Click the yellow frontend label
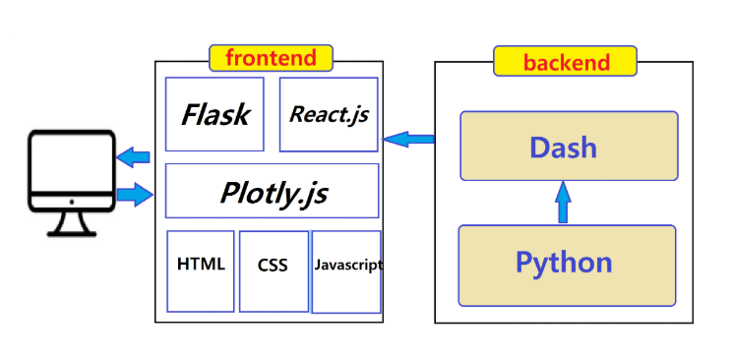pos(271,58)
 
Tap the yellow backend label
pos(565,61)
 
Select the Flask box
pos(214,114)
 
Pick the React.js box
pos(329,114)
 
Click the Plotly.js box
pos(273,191)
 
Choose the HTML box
pos(201,271)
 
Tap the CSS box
pos(274,271)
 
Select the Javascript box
pos(346,271)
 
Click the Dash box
pos(569,146)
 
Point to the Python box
pos(567,266)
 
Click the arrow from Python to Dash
pos(563,203)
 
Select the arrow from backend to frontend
pos(408,139)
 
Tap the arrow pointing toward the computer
pos(133,157)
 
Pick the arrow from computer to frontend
pos(135,195)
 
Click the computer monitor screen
pos(71,163)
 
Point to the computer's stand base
pos(72,234)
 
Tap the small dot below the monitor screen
pos(71,202)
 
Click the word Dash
pos(563,148)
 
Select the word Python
pos(564,263)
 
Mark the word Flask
pos(214,114)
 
